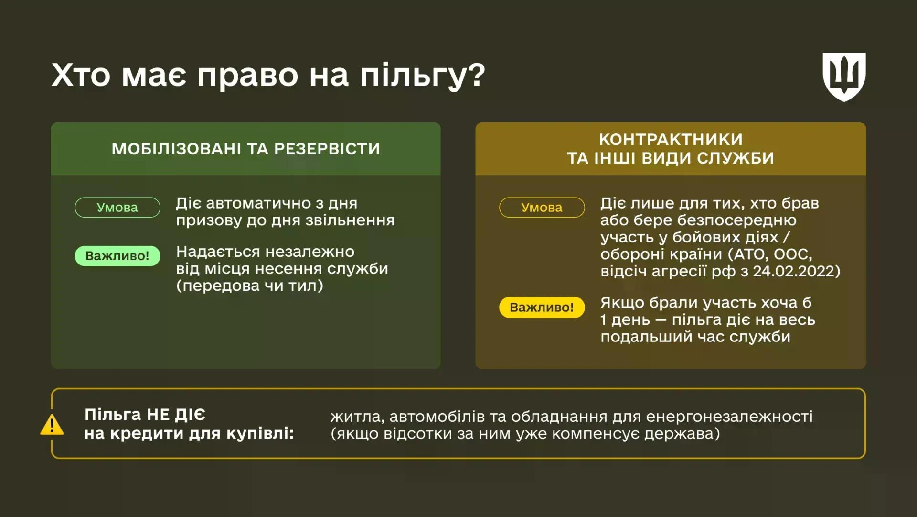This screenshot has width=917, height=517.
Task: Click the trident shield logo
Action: pyautogui.click(x=844, y=77)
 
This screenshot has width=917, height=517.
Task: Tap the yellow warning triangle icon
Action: pyautogui.click(x=52, y=425)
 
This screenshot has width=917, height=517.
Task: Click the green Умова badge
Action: pyautogui.click(x=117, y=208)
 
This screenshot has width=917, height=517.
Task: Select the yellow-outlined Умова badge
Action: pyautogui.click(x=542, y=208)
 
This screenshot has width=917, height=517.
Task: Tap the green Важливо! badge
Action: pyautogui.click(x=117, y=256)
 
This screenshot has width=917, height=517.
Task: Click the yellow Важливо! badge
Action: pyautogui.click(x=542, y=307)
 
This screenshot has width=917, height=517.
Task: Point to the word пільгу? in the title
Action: pyautogui.click(x=422, y=76)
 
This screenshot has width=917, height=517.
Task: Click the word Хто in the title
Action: pyautogui.click(x=81, y=76)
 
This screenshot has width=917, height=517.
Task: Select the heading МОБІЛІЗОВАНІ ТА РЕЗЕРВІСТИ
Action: pyautogui.click(x=245, y=149)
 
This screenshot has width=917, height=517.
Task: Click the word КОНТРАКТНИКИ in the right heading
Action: pyautogui.click(x=671, y=139)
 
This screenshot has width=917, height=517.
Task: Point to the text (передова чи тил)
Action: pyautogui.click(x=249, y=286)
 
